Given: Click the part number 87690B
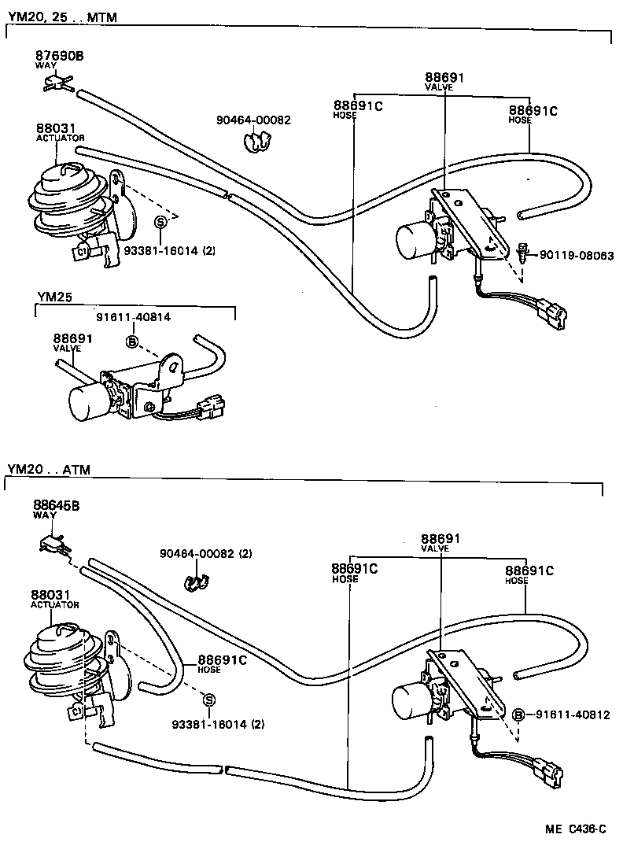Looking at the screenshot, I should pos(58,56).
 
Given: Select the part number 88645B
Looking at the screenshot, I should pos(56,504).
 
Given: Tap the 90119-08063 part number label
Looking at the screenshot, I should pos(576,256).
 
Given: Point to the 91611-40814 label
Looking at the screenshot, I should pos(133,317).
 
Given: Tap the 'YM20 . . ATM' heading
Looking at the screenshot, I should pos(49,470).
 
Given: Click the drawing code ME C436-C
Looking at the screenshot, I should pos(577,829).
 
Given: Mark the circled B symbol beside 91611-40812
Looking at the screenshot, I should pos(518,714).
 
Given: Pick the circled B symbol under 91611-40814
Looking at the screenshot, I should pos(132,341).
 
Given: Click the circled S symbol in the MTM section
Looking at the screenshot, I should pos(160,222).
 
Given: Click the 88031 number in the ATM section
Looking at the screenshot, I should pos(46,594).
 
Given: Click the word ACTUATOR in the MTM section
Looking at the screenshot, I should pos(60,138).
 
